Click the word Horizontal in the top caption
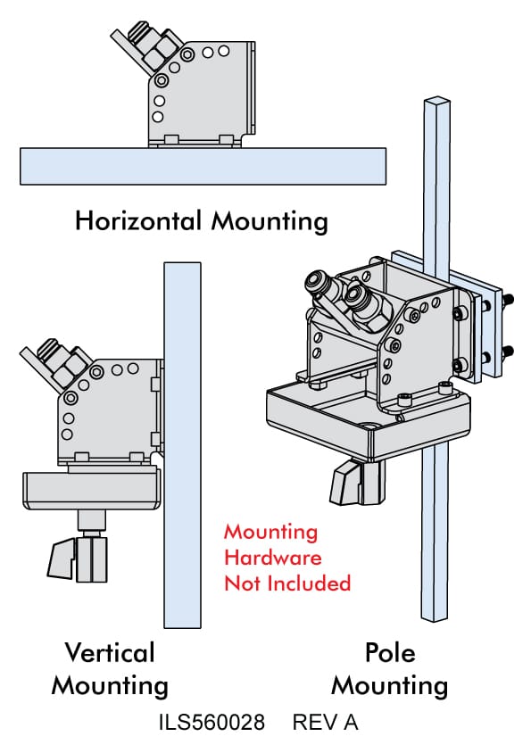pyautogui.click(x=138, y=221)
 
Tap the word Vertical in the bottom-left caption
pyautogui.click(x=110, y=653)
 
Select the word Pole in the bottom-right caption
pyautogui.click(x=390, y=653)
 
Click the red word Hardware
pyautogui.click(x=273, y=558)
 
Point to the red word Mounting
pyautogui.click(x=271, y=533)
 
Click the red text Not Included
pyautogui.click(x=287, y=583)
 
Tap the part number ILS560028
pyautogui.click(x=212, y=723)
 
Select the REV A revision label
pyautogui.click(x=326, y=723)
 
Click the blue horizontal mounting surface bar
pyautogui.click(x=203, y=166)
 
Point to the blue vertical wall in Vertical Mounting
pyautogui.click(x=182, y=444)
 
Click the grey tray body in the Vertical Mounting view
pyautogui.click(x=91, y=491)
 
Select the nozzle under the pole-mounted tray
pyautogui.click(x=357, y=482)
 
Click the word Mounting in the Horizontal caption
pyautogui.click(x=270, y=222)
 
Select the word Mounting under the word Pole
pyautogui.click(x=390, y=686)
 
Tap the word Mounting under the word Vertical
pyautogui.click(x=110, y=686)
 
